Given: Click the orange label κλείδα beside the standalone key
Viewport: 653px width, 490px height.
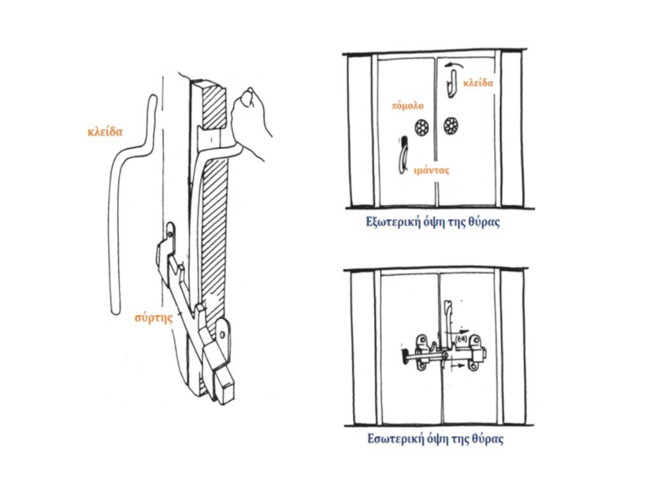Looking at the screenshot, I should point(105,132).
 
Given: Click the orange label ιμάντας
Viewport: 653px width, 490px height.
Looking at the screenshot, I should point(432,170).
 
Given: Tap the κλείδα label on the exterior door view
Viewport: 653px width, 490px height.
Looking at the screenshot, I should point(479,83).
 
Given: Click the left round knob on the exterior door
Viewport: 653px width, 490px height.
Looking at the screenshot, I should point(421,127).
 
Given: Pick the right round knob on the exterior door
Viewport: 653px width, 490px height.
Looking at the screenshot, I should point(451,127).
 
